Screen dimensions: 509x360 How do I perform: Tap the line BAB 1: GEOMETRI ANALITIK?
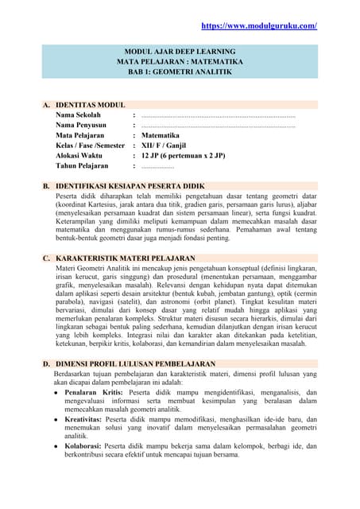tap(180, 71)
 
